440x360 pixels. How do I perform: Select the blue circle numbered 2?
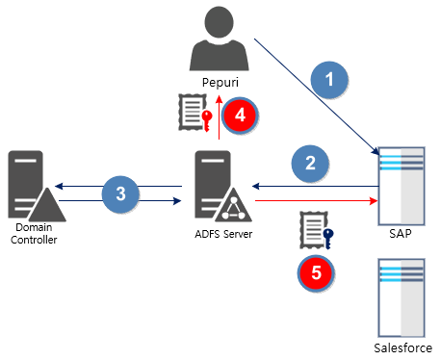point(310,163)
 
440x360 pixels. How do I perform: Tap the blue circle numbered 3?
point(120,193)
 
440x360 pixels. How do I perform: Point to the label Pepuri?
point(220,83)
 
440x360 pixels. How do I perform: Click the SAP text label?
point(402,234)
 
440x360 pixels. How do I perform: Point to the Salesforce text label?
point(402,347)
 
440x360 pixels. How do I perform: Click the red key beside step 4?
point(206,118)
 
